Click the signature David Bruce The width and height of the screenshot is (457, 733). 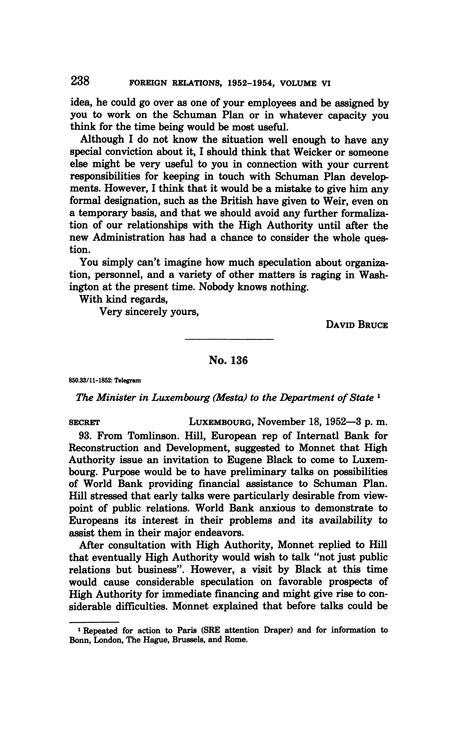tap(357, 325)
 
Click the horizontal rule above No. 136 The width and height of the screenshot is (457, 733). tap(229, 340)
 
